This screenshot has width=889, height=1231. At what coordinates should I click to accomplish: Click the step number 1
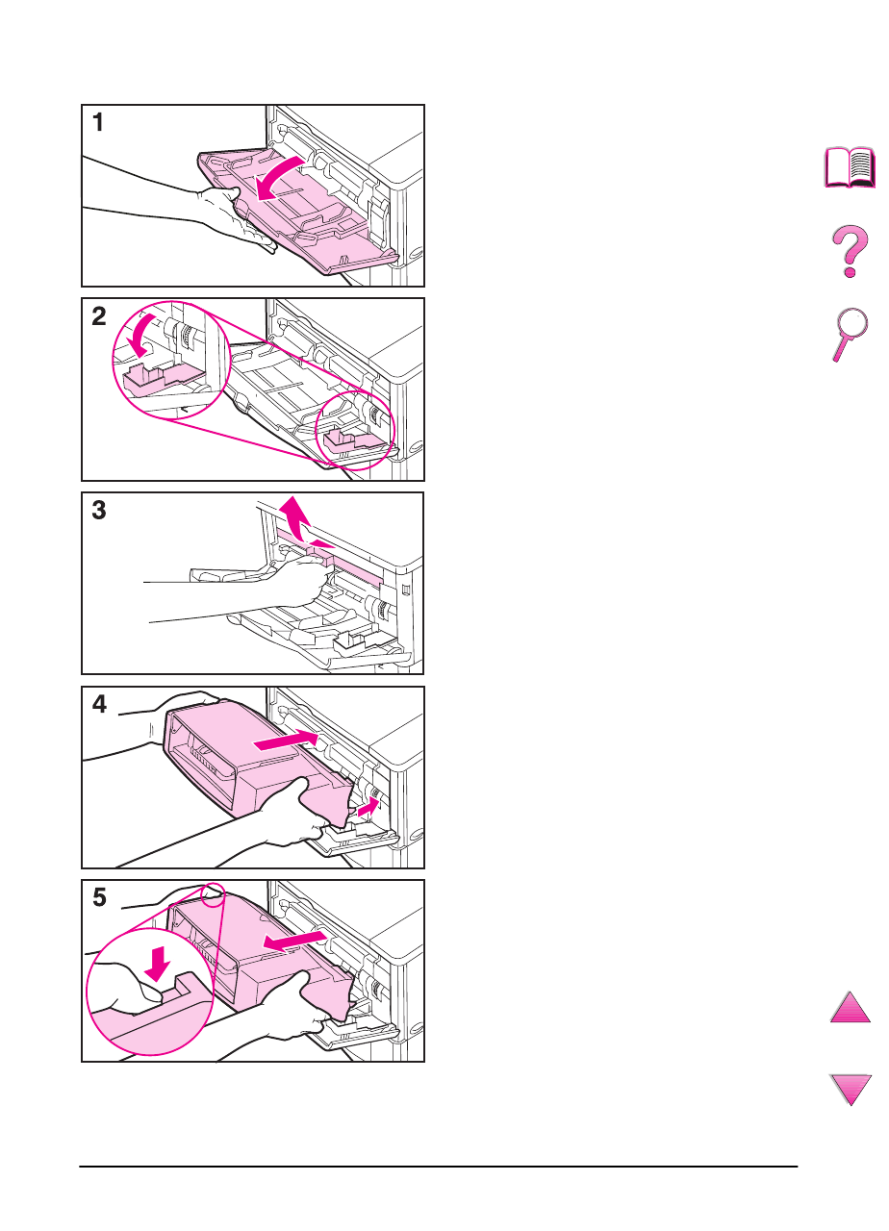[x=98, y=123]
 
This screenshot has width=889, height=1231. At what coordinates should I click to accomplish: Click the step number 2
[x=98, y=317]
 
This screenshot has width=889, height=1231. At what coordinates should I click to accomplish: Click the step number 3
[x=98, y=512]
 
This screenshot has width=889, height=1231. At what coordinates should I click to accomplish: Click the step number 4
[x=98, y=706]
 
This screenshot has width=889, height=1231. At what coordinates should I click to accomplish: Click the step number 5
[x=98, y=899]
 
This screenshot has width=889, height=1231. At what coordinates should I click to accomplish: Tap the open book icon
[x=851, y=167]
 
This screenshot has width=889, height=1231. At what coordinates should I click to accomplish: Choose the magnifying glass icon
[x=850, y=335]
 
